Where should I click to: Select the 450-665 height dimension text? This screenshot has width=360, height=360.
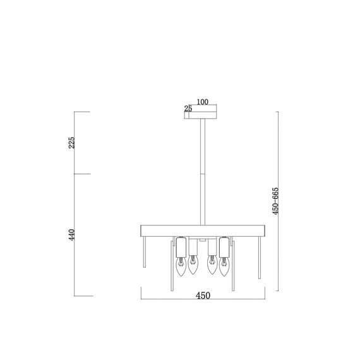point(275,201)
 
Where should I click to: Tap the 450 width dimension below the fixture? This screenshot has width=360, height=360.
point(202,296)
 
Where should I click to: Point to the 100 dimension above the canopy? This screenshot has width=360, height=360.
point(202,101)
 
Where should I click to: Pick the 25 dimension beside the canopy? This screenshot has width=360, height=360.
point(188,109)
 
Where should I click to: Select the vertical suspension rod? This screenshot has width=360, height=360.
point(202,171)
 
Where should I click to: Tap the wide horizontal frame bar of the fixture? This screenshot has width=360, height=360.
point(202,229)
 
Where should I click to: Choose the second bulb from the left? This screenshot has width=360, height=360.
point(193,267)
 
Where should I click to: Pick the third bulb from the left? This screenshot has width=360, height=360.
point(211,267)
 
